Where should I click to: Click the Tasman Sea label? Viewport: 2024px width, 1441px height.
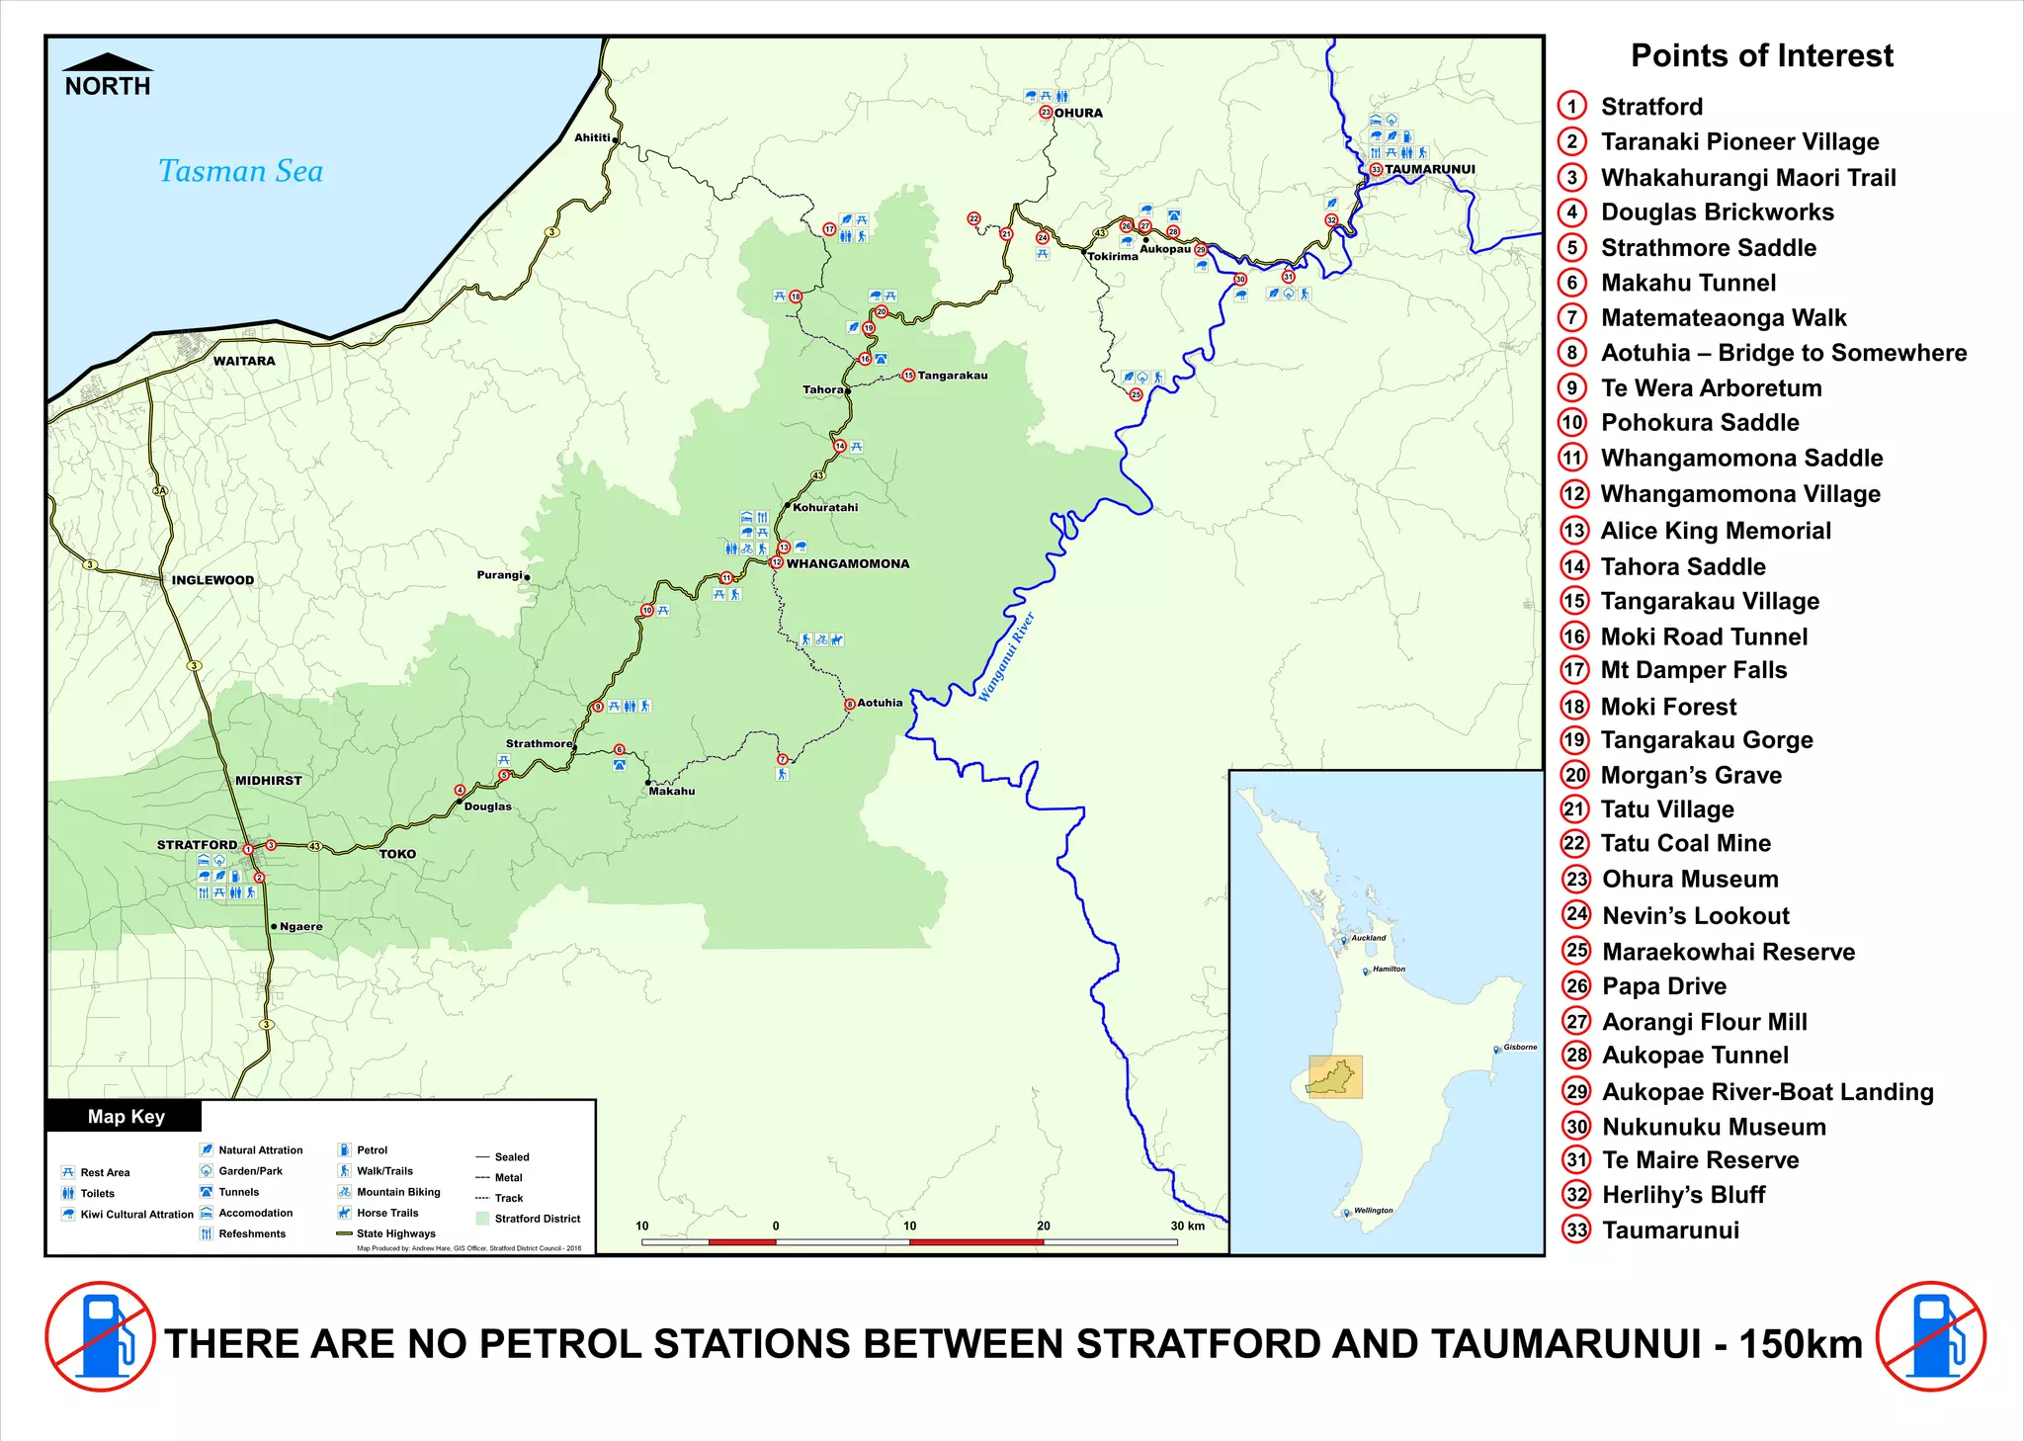240,171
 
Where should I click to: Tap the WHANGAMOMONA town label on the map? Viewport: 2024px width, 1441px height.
847,563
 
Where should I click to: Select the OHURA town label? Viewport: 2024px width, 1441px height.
1077,113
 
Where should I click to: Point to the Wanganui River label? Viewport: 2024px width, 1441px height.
1006,657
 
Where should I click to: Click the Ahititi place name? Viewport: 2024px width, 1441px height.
592,137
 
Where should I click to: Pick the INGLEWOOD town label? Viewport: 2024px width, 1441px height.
212,580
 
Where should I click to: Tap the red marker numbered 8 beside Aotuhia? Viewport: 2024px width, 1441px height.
850,704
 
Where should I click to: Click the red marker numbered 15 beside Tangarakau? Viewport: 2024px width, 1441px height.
908,376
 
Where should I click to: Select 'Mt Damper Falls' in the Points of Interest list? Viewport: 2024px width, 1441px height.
1693,670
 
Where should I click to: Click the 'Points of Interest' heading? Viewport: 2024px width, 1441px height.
1761,55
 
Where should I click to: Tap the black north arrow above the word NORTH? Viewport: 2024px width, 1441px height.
107,62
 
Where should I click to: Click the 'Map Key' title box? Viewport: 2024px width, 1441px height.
125,1116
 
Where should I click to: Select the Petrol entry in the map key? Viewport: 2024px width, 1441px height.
372,1150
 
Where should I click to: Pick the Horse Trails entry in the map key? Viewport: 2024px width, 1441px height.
386,1213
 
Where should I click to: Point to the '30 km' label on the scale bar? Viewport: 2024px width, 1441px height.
1188,1226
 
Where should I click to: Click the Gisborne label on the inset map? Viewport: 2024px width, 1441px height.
1519,1047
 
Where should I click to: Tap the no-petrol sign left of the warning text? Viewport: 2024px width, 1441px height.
100,1336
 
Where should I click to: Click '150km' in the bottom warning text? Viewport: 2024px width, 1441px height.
1800,1344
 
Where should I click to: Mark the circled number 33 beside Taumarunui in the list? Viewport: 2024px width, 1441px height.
1576,1230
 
